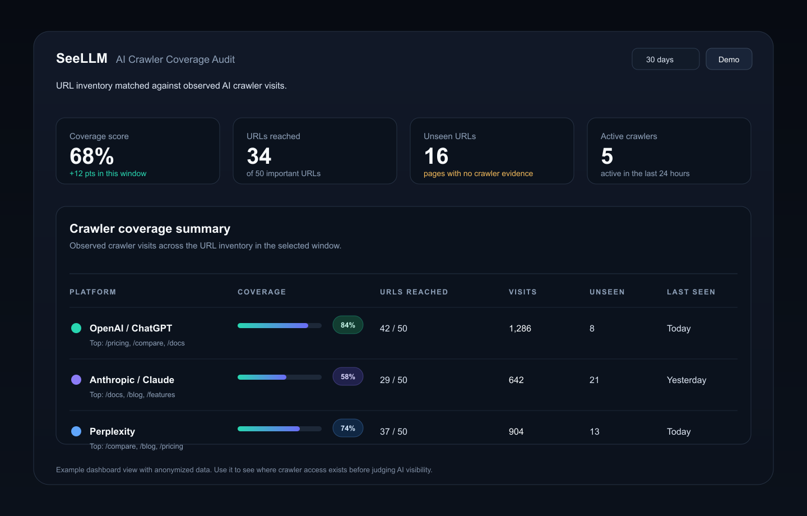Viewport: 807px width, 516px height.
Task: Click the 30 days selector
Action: pos(665,59)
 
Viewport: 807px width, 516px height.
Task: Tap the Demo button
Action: pos(729,59)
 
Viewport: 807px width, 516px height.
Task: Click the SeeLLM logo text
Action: pos(82,58)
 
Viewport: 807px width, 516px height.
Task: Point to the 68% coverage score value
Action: pos(91,156)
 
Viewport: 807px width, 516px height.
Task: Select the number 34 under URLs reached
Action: pos(259,156)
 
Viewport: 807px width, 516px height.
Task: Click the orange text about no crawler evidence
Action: pos(478,173)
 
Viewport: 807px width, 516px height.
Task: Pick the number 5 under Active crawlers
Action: pos(607,156)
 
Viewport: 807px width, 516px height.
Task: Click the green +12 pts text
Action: pos(108,173)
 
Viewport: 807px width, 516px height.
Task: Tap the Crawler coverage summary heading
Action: pos(150,229)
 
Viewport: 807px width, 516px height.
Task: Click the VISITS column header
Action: pos(523,292)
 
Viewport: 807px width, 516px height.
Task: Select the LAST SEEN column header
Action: pos(691,292)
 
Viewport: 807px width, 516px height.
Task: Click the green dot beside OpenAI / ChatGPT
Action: pos(76,328)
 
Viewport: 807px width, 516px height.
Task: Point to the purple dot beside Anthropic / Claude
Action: pos(76,380)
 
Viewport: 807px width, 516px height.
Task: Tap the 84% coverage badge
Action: pos(347,325)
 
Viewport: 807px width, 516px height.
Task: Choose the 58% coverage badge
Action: pos(347,376)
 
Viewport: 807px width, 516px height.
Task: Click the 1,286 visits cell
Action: pos(520,329)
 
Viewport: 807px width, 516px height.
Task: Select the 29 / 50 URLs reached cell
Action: pos(393,380)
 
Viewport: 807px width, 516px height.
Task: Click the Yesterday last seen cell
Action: pos(687,380)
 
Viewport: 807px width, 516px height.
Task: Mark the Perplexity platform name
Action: pos(112,431)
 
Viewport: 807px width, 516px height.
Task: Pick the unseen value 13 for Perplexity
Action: pos(595,432)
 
